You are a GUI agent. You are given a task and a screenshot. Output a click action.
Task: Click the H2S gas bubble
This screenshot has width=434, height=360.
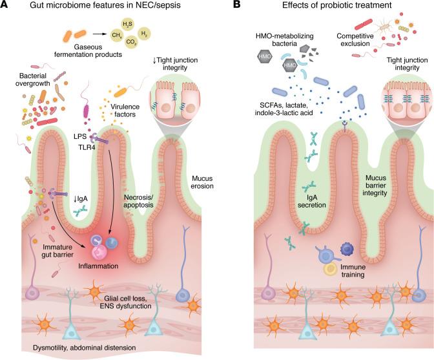[127, 25]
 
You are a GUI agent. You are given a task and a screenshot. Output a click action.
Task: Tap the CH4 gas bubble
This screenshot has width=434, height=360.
[116, 35]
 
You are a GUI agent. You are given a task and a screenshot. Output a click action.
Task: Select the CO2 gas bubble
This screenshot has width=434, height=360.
[131, 42]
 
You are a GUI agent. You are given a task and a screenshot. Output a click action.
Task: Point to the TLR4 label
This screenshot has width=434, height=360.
[87, 147]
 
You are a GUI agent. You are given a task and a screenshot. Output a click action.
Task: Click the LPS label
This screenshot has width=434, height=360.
[80, 136]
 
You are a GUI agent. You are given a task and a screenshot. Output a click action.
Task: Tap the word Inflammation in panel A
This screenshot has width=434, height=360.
[98, 266]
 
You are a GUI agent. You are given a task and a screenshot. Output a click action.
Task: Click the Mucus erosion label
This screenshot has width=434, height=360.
[202, 182]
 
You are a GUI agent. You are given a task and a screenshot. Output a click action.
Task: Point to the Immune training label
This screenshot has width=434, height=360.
[353, 271]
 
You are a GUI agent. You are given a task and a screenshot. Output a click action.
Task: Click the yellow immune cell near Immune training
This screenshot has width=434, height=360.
[331, 269]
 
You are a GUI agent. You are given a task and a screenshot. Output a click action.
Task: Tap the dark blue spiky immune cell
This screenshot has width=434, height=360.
[346, 249]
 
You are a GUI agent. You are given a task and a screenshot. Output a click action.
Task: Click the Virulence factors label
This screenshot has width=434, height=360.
[125, 111]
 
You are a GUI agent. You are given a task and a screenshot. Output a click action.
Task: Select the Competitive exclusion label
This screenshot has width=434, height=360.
[355, 39]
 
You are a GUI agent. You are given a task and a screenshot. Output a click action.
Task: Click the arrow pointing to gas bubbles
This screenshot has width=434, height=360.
[99, 34]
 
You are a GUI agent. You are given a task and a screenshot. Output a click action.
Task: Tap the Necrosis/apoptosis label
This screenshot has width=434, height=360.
[138, 201]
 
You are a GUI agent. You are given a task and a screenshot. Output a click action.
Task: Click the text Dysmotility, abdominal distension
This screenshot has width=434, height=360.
[85, 348]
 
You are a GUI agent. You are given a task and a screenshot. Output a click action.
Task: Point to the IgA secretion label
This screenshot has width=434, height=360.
[312, 201]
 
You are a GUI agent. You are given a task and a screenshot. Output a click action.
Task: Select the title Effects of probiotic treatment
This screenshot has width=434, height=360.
[337, 5]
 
